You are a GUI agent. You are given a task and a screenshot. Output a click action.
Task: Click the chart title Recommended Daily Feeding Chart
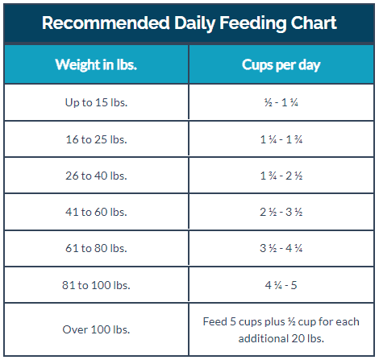pyautogui.click(x=189, y=23)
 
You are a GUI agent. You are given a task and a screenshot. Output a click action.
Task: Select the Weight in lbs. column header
pyautogui.click(x=96, y=64)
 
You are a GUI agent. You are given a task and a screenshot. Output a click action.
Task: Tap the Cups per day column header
pyautogui.click(x=281, y=65)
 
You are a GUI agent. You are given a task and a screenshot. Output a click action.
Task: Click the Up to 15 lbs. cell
pyautogui.click(x=96, y=102)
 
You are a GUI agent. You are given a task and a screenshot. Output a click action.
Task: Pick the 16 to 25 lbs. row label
pyautogui.click(x=96, y=139)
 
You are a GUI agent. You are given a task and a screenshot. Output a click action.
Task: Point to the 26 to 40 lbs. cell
pyautogui.click(x=96, y=176)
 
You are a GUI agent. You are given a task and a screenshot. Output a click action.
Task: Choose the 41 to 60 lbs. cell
pyautogui.click(x=96, y=212)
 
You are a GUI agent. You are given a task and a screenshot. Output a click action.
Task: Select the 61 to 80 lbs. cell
pyautogui.click(x=96, y=248)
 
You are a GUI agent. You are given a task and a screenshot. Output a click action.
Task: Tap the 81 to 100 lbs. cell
pyautogui.click(x=96, y=285)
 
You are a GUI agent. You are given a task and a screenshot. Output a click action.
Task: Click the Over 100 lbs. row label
pyautogui.click(x=96, y=329)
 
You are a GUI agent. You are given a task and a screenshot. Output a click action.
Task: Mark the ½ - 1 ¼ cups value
pyautogui.click(x=281, y=102)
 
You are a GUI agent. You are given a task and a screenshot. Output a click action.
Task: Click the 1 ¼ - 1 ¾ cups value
pyautogui.click(x=281, y=139)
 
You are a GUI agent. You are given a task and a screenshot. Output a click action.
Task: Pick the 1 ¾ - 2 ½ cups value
pyautogui.click(x=281, y=176)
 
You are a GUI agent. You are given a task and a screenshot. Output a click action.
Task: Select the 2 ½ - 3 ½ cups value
pyautogui.click(x=281, y=212)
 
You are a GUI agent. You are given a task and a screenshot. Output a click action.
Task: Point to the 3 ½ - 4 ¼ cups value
pyautogui.click(x=281, y=248)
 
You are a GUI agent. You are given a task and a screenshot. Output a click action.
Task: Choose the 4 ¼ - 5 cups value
pyautogui.click(x=281, y=285)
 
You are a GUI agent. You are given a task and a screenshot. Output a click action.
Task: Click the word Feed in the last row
pyautogui.click(x=214, y=321)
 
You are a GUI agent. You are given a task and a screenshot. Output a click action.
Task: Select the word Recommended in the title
pyautogui.click(x=106, y=23)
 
